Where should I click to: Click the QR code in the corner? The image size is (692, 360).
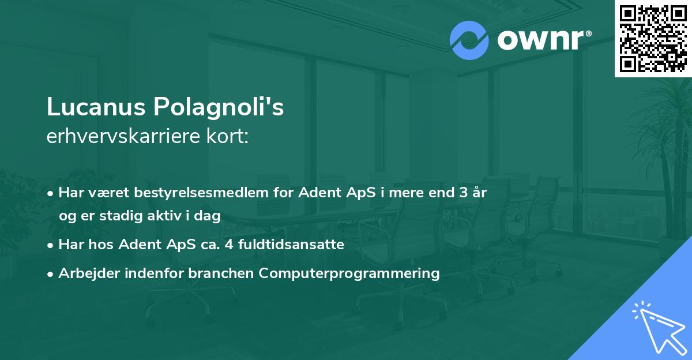653,38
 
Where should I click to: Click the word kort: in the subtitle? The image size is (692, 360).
228,137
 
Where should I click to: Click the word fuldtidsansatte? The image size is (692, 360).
296,245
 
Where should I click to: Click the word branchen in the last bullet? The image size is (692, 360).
221,273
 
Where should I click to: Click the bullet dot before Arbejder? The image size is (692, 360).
51,274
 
